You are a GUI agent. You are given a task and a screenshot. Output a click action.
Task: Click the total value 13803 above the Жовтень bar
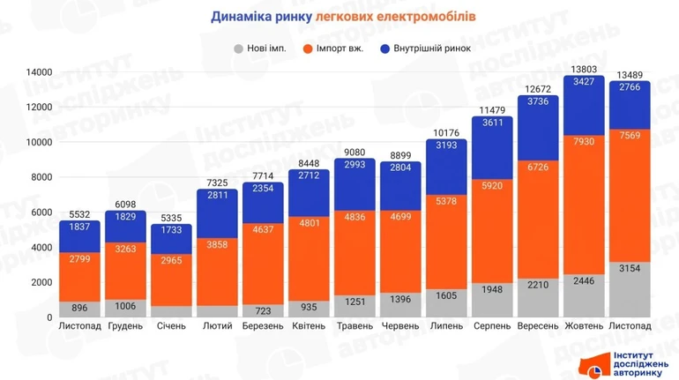(584, 69)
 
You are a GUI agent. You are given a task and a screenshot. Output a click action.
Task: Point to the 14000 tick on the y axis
(38, 72)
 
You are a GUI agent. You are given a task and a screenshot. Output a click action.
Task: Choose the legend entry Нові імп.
(261, 48)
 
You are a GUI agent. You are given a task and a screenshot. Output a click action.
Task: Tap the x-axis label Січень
(172, 326)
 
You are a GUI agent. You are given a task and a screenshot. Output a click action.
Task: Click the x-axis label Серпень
(492, 326)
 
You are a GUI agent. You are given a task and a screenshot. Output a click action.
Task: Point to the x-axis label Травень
(354, 326)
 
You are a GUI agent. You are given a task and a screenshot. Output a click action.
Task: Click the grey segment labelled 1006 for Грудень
(126, 307)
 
